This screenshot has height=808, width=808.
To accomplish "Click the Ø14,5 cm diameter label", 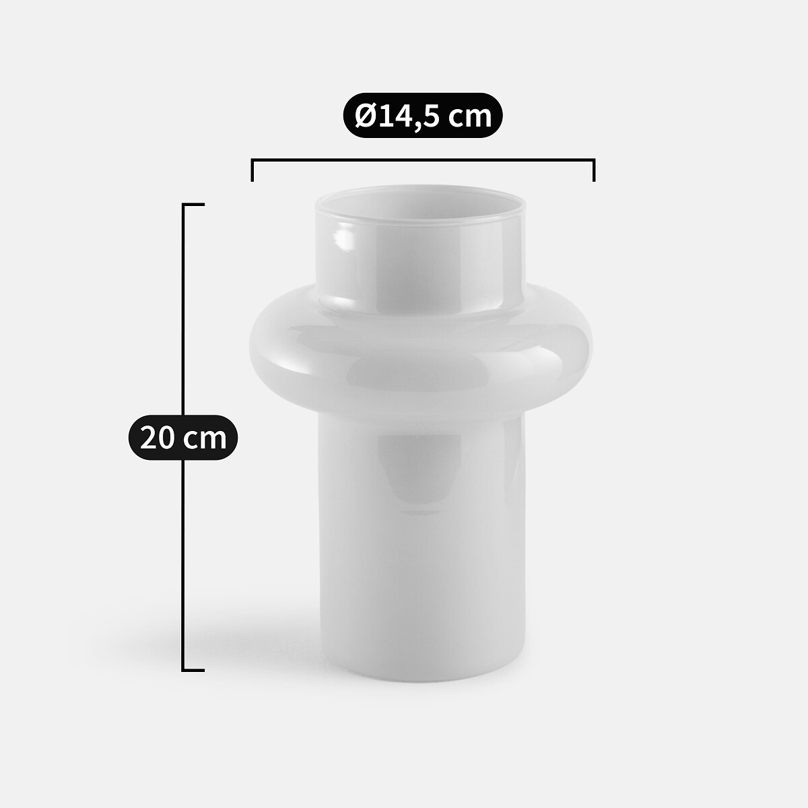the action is [423, 115].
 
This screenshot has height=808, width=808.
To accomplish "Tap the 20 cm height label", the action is [183, 438].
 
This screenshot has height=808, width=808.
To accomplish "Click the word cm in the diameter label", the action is [469, 118].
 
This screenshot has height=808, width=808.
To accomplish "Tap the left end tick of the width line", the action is [252, 170].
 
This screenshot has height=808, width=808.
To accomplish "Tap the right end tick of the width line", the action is [594, 170].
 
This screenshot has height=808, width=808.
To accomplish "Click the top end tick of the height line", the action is [193, 205].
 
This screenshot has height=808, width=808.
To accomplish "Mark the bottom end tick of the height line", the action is [193, 670].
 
